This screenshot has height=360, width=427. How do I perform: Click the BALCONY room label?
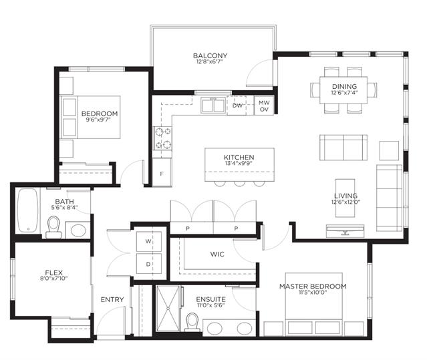[x=210, y=56]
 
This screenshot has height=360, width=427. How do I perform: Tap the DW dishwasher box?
[x=237, y=106]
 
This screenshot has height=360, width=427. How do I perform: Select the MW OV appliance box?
[x=264, y=106]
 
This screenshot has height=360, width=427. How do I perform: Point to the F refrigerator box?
[x=162, y=172]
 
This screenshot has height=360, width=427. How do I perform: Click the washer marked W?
[x=149, y=241]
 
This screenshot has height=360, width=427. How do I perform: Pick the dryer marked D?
[x=149, y=264]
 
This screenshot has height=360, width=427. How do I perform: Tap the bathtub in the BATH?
[x=28, y=210]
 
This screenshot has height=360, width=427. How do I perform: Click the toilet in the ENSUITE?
[x=192, y=322]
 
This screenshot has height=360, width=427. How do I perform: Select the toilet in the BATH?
[x=53, y=227]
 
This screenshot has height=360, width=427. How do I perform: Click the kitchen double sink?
[x=213, y=106]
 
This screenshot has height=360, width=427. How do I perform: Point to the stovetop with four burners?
[x=163, y=138]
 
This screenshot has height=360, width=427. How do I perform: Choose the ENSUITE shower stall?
[x=168, y=309]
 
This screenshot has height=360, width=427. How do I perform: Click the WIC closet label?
[x=217, y=254]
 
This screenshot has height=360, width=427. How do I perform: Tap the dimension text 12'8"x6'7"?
[x=210, y=61]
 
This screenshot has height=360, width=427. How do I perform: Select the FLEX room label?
[x=54, y=273]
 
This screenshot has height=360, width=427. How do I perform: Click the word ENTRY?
[x=112, y=300]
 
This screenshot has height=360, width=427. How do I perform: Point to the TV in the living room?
[x=345, y=230]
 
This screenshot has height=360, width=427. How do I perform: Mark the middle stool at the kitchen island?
[x=239, y=184]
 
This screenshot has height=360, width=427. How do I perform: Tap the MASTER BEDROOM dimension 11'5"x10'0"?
[x=313, y=293]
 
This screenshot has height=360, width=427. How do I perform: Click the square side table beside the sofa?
[x=389, y=150]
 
